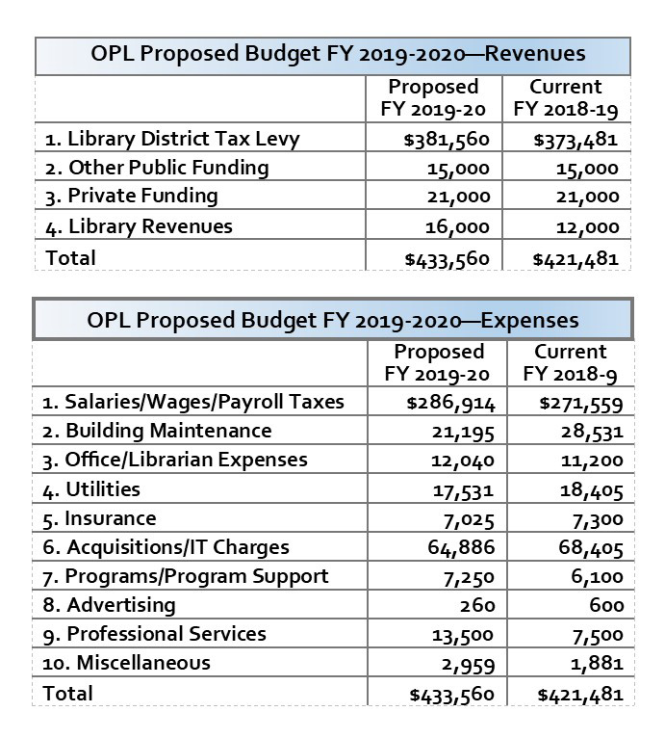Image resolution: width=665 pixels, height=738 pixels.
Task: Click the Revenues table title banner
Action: click(333, 55)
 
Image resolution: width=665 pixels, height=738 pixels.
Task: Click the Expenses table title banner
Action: click(333, 319)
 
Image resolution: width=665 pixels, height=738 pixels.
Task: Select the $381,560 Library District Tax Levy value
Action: click(448, 140)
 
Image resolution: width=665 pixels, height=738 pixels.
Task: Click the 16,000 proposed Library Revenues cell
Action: click(461, 227)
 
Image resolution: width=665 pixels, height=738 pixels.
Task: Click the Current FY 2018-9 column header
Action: click(571, 362)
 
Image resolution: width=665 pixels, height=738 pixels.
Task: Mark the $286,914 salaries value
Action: click(451, 403)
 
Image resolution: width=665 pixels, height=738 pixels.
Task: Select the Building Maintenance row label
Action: click(168, 431)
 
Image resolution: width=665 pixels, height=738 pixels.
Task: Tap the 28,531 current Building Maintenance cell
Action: click(592, 432)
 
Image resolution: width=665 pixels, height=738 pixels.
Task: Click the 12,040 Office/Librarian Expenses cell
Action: click(462, 461)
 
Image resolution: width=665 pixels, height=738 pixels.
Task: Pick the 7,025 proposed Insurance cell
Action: click(467, 519)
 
